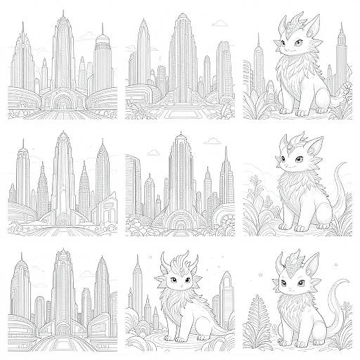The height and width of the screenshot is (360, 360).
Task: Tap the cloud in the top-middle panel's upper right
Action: pos(220,24)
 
